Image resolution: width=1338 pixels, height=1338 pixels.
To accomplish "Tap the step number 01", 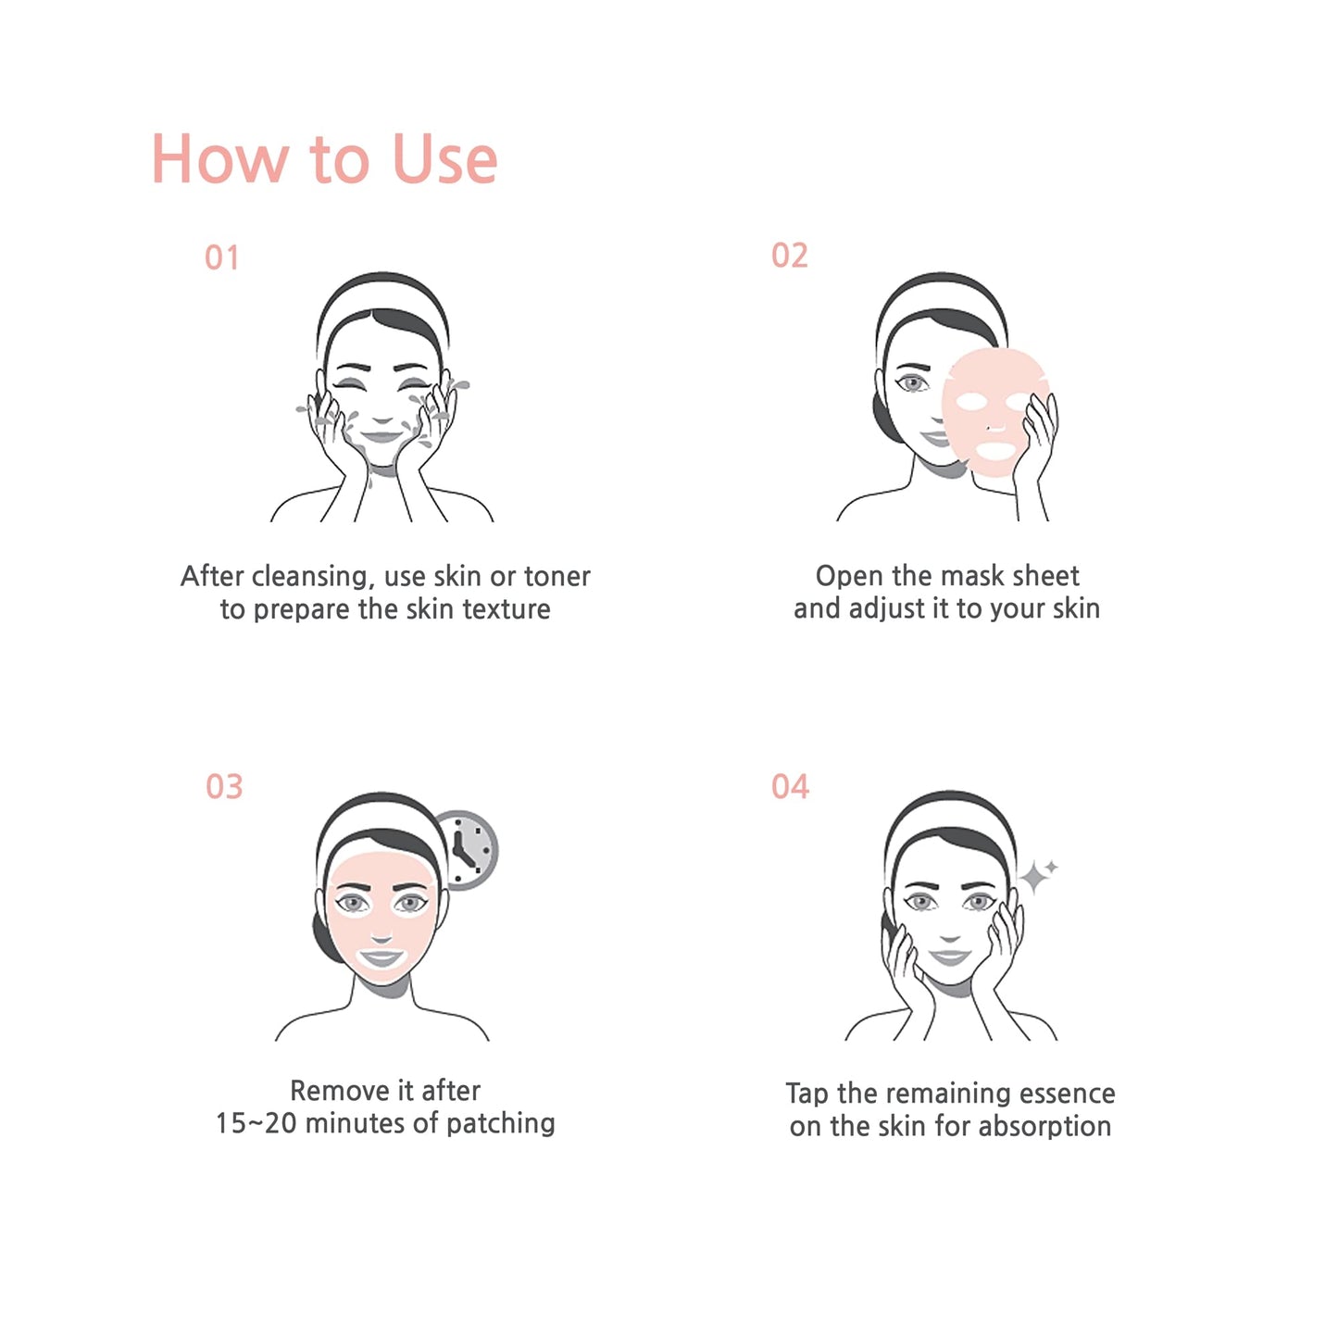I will tap(222, 257).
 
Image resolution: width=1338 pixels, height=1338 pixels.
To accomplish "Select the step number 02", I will tap(790, 256).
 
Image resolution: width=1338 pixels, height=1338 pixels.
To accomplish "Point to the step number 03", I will tap(224, 787).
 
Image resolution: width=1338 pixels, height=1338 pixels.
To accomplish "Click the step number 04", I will tap(790, 787).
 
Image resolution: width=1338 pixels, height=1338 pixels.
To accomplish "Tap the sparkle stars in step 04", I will tap(1038, 874).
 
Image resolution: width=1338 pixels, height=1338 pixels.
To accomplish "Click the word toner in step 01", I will tap(556, 576).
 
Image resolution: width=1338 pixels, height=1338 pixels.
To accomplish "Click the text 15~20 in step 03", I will tap(256, 1123).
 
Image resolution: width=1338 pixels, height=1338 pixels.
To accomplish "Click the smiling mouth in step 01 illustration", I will tap(381, 436).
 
